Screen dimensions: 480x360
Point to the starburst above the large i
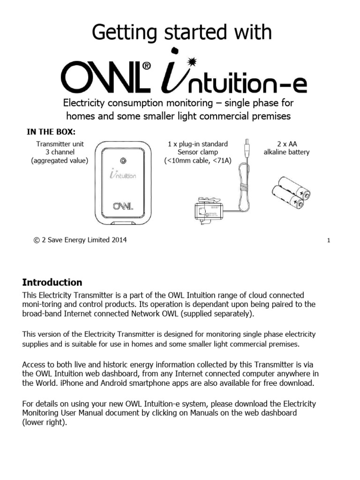(x=191, y=61)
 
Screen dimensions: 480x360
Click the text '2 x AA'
(x=287, y=143)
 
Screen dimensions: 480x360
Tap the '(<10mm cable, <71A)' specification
(x=197, y=161)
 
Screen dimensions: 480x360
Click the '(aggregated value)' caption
(x=60, y=161)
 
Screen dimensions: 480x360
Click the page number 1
(x=329, y=241)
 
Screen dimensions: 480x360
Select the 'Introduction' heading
(x=52, y=282)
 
